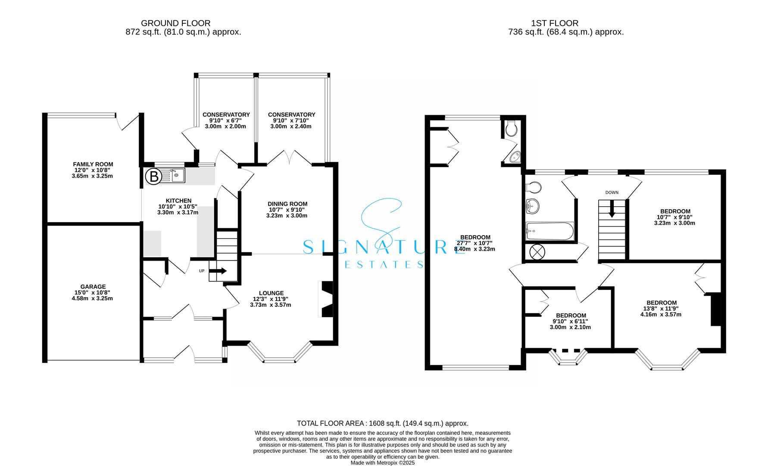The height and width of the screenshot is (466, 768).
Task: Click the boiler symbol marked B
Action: [153, 176]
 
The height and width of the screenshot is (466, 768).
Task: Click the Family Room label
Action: [93, 170]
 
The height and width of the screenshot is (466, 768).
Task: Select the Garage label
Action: [93, 292]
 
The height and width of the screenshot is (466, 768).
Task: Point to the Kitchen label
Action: [178, 206]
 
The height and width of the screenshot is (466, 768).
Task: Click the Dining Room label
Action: [287, 210]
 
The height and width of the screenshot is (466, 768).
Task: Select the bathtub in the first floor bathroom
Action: [550, 231]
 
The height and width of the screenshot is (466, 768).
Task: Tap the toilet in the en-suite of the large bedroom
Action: [512, 129]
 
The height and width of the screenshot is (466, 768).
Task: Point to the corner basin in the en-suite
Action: [515, 158]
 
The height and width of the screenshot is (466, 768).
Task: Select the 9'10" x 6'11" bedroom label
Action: [571, 321]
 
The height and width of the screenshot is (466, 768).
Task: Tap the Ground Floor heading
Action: [176, 23]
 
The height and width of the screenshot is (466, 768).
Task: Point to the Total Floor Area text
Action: [383, 423]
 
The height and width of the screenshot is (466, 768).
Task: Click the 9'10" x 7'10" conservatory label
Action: [292, 120]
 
